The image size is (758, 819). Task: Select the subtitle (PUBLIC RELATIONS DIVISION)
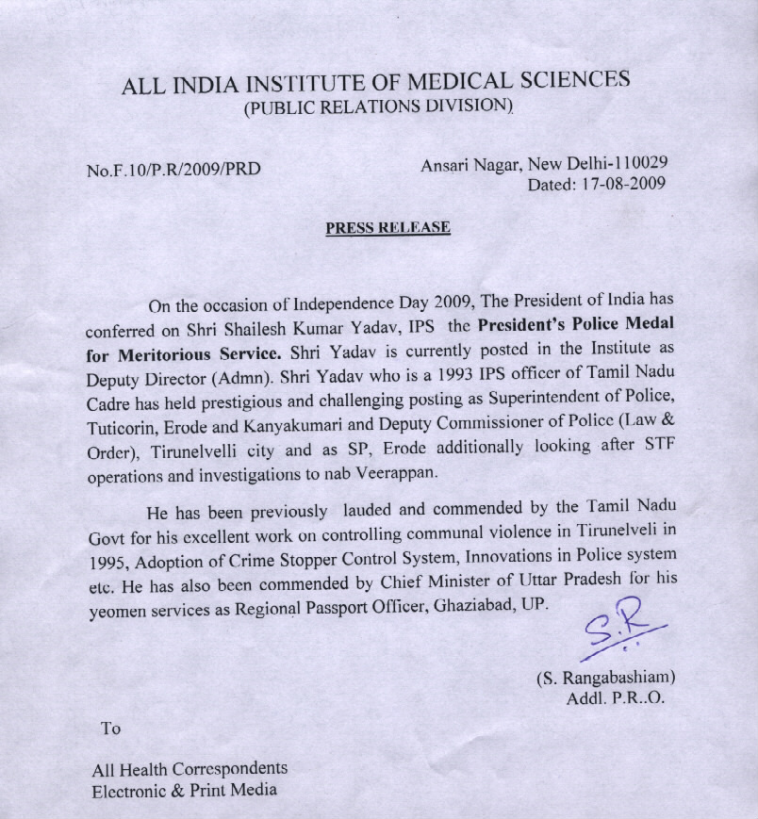coord(378,106)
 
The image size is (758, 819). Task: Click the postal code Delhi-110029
coord(616,163)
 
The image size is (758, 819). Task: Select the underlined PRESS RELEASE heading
coord(387,228)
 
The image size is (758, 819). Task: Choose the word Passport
coord(361,609)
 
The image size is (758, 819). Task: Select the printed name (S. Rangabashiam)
coord(605,678)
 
